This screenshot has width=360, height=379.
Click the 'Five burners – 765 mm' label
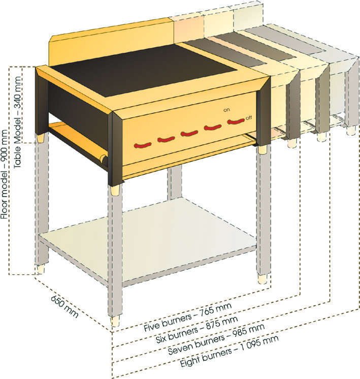click(x=188, y=317)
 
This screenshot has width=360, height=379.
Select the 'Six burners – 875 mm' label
click(x=197, y=330)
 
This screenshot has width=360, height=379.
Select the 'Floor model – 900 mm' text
click(x=5, y=175)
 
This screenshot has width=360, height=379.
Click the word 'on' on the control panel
click(x=226, y=110)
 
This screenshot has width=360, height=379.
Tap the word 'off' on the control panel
click(x=249, y=118)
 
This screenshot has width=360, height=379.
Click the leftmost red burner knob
click(x=143, y=145)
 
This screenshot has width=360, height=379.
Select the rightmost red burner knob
click(x=236, y=121)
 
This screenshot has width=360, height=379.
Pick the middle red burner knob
click(x=189, y=134)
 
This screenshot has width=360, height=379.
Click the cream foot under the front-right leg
click(x=263, y=279)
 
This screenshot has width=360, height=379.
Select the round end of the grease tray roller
click(x=105, y=160)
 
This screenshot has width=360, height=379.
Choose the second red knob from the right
click(x=213, y=128)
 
